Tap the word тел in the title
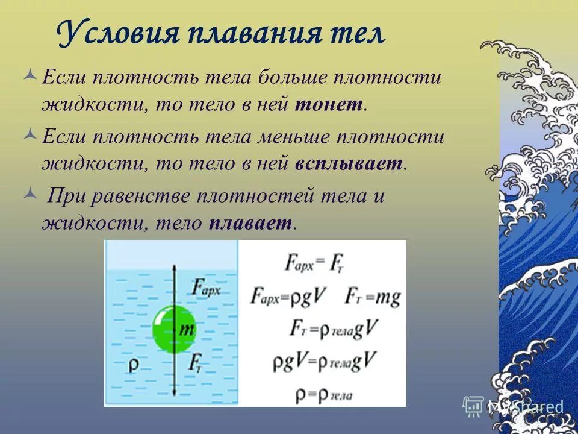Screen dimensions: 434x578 coord(358,35)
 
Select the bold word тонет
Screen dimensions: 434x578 coord(329,105)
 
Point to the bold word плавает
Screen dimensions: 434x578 coord(250,224)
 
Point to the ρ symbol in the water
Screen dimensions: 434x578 coord(133,365)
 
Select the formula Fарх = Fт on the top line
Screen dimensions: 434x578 coord(313,262)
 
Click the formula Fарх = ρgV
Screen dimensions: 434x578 coord(289,297)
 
